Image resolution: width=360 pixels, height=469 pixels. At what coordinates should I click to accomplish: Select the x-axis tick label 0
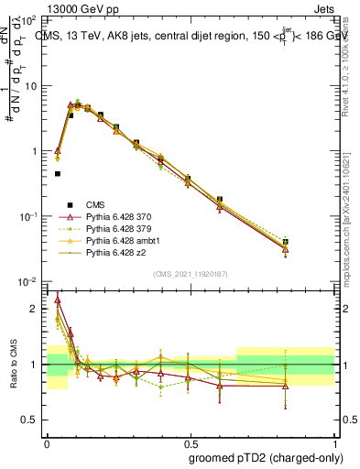pyautogui.click(x=47, y=442)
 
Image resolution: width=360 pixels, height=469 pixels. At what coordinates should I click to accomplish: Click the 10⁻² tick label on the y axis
pyautogui.click(x=28, y=281)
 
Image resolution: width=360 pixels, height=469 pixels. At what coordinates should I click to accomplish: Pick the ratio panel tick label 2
pyautogui.click(x=37, y=309)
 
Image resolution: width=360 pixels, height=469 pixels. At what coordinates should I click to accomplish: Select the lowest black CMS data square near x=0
pyautogui.click(x=57, y=173)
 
